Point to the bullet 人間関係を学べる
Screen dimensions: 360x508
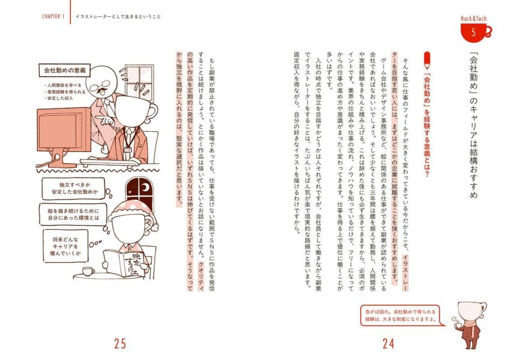(65, 85)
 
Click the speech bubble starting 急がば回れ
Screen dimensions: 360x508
(400, 316)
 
